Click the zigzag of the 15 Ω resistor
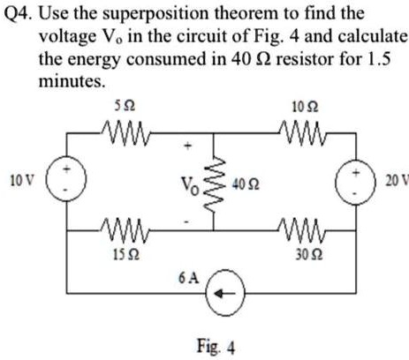coord(125,235)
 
